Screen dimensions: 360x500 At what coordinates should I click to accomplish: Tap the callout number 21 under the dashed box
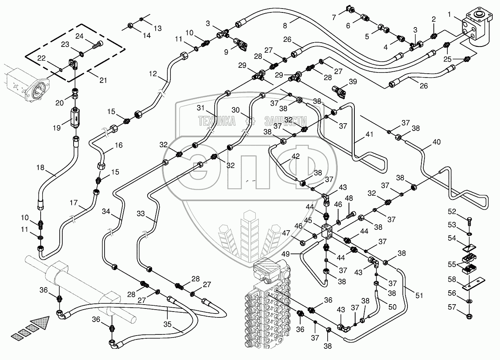pos(103,80)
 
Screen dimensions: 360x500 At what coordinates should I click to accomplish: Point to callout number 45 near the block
pos(308,220)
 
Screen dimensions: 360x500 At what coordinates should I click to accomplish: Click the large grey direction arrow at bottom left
pos(41,324)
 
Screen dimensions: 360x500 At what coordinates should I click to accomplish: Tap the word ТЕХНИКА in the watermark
pos(217,121)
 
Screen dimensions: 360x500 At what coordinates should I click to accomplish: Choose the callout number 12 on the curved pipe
pos(153,73)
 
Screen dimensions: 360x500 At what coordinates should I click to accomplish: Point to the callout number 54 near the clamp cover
pos(451,238)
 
